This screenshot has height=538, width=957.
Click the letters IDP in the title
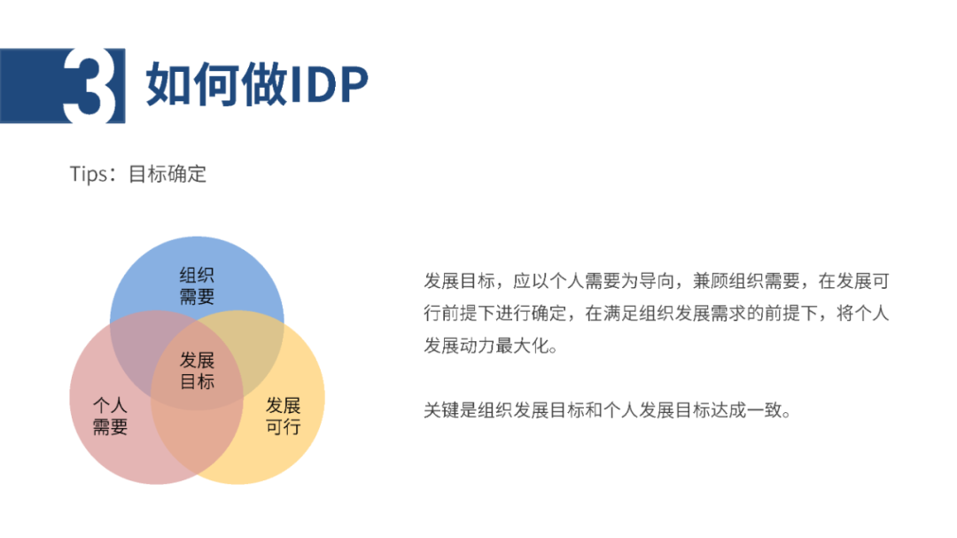click(x=329, y=84)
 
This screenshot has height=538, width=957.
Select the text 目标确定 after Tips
click(x=167, y=174)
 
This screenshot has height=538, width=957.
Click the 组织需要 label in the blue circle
click(x=197, y=285)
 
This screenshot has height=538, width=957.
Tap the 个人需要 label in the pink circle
click(x=110, y=416)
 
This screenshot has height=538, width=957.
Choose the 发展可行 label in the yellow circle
click(x=284, y=416)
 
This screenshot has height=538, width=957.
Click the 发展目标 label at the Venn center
click(x=197, y=370)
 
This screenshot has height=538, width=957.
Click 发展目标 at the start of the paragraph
click(x=459, y=281)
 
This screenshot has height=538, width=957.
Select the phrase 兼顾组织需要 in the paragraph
click(x=746, y=281)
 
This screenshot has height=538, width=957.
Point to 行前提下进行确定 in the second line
click(x=495, y=313)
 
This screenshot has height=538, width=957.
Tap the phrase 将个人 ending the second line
click(x=862, y=313)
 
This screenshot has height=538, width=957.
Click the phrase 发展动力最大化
click(x=486, y=346)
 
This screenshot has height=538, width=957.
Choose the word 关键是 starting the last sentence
click(x=450, y=409)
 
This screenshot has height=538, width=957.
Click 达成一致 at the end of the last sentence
click(x=746, y=409)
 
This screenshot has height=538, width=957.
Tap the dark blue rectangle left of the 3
click(x=32, y=85)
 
